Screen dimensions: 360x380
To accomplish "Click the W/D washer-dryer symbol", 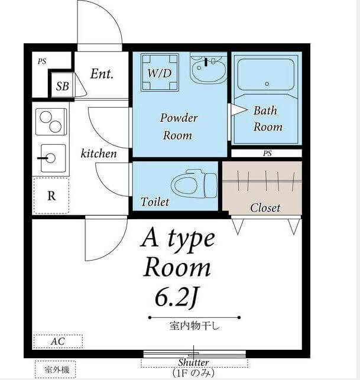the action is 160,73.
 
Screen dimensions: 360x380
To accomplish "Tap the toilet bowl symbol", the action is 194,184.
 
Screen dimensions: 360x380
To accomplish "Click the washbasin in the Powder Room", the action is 208,69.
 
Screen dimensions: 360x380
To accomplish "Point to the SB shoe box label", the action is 62,86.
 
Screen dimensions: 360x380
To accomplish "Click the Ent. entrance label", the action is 102,74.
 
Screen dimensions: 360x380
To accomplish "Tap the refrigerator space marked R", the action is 51,196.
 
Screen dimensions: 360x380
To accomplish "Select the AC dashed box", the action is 58,341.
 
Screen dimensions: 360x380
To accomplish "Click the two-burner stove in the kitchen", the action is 51,122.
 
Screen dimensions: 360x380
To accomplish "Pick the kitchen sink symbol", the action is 53,158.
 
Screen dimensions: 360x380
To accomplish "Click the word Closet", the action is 265,207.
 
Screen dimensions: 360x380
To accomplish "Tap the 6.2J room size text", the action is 177,298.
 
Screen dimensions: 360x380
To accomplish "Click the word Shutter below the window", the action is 193,362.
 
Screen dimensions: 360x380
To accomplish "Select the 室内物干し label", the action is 194,326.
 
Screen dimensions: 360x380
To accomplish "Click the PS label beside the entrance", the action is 42,61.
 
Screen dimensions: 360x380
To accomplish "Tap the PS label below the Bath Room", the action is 267,154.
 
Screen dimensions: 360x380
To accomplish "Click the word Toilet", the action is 155,202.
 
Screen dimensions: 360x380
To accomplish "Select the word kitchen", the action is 99,154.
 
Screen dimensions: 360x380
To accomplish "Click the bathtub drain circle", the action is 267,84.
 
